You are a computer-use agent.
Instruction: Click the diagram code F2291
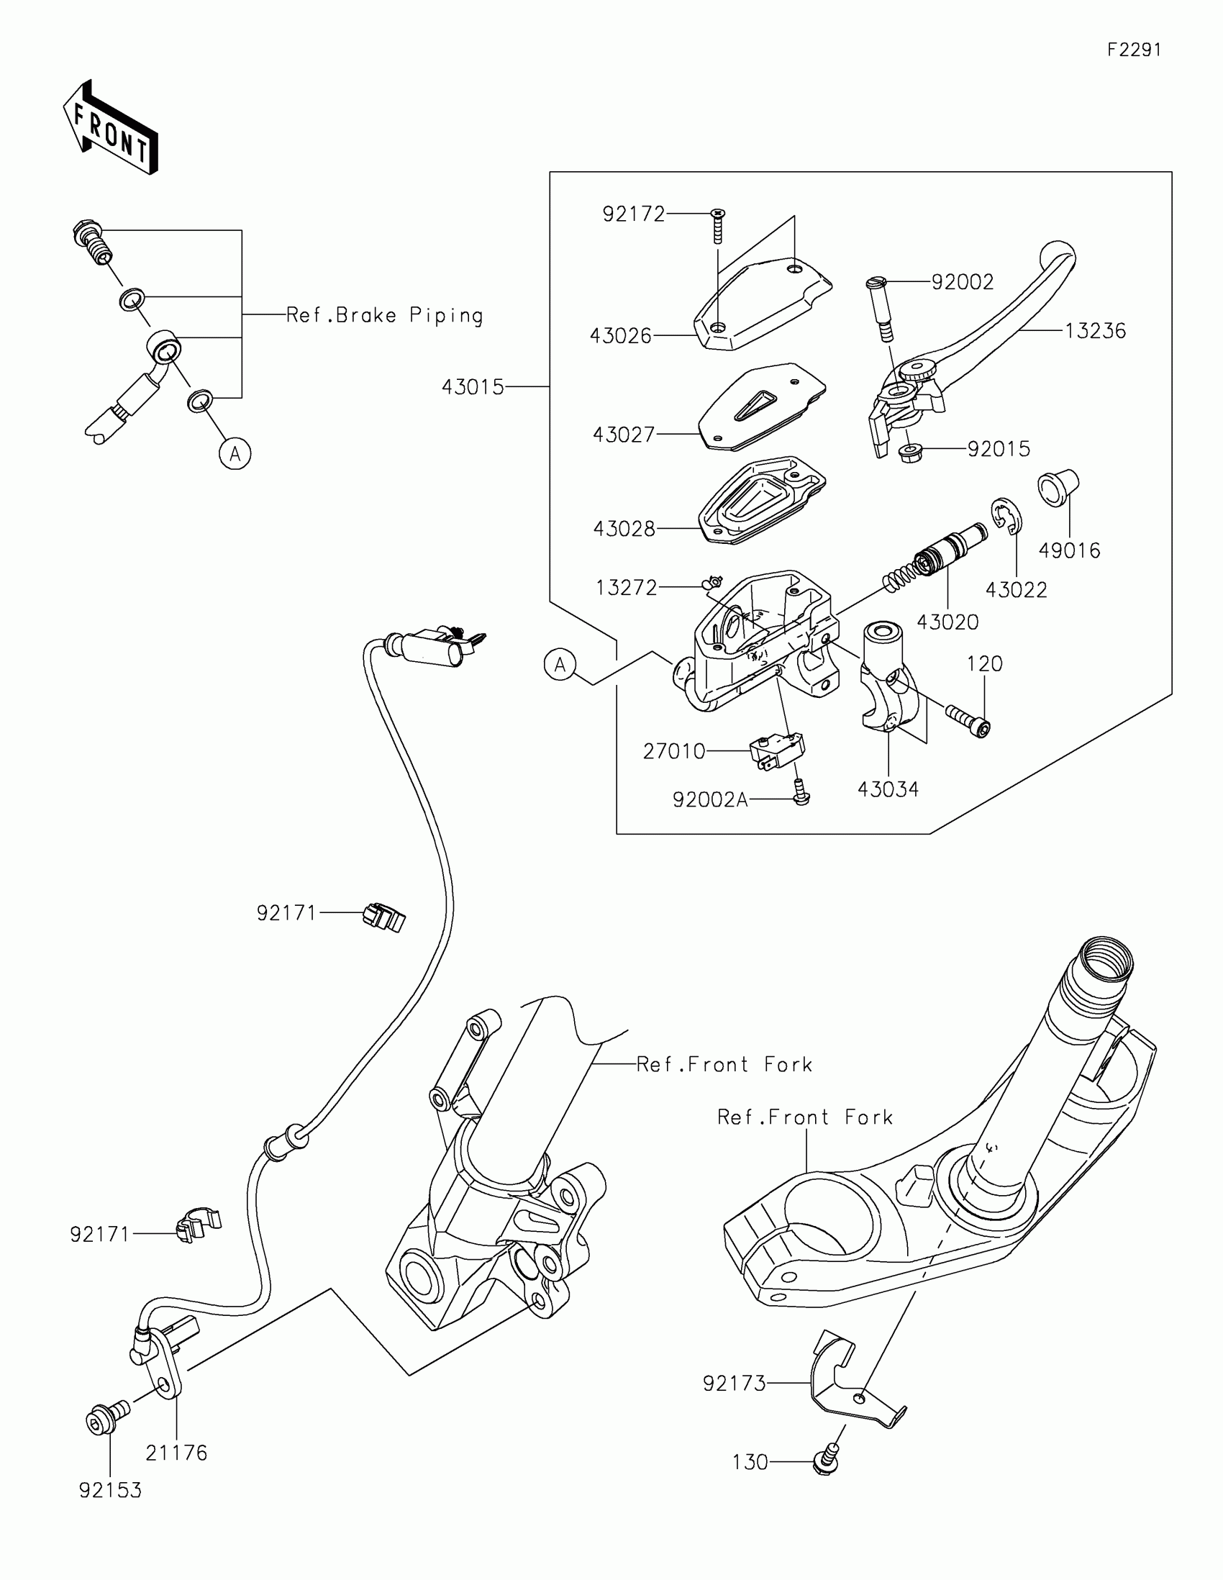[x=1134, y=50]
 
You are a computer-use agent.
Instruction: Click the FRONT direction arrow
[x=111, y=127]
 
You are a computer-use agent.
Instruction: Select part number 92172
[x=634, y=214]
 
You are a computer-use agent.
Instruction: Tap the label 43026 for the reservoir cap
[x=621, y=336]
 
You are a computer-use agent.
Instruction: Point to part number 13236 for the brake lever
[x=1096, y=331]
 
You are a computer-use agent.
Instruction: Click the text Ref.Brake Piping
[x=385, y=315]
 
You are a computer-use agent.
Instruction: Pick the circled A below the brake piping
[x=235, y=454]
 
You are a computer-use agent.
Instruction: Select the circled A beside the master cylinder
[x=560, y=664]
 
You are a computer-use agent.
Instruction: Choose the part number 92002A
[x=709, y=799]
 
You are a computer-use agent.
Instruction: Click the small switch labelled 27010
[x=778, y=751]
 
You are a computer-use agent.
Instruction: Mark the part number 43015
[x=473, y=387]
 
